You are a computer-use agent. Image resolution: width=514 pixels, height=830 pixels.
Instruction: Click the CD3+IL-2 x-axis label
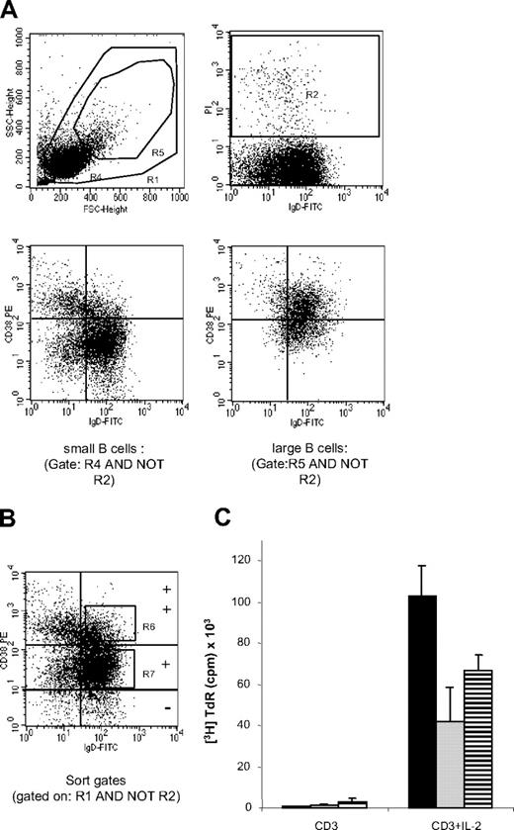451,820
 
